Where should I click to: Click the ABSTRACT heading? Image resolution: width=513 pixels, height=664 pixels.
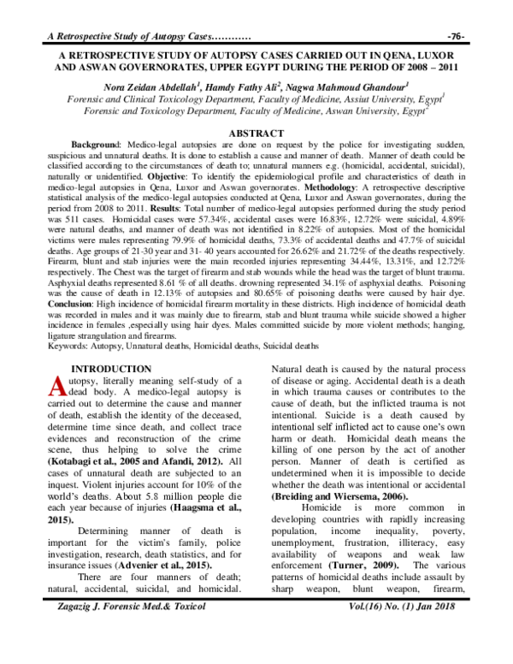pyautogui.click(x=256, y=133)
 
